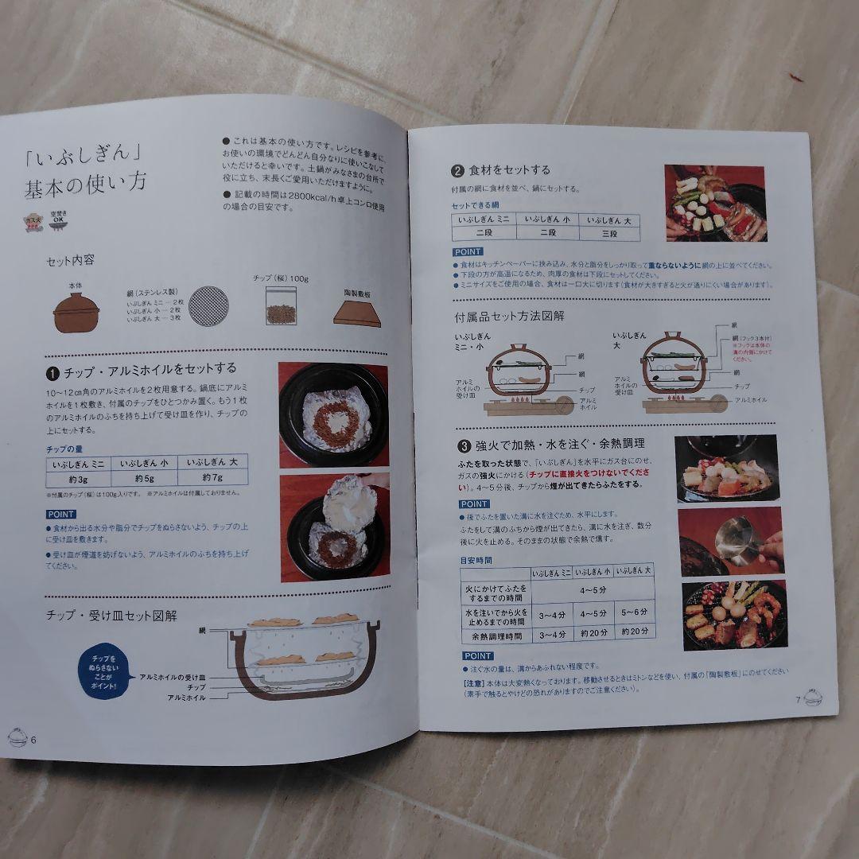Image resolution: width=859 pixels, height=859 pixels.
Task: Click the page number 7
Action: [796, 700]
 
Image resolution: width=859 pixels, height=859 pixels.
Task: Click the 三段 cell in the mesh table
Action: [608, 234]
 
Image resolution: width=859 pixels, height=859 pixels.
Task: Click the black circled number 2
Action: [457, 170]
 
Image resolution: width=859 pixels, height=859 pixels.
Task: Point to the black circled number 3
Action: [464, 443]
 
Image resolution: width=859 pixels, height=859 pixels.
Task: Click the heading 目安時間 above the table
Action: [476, 560]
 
